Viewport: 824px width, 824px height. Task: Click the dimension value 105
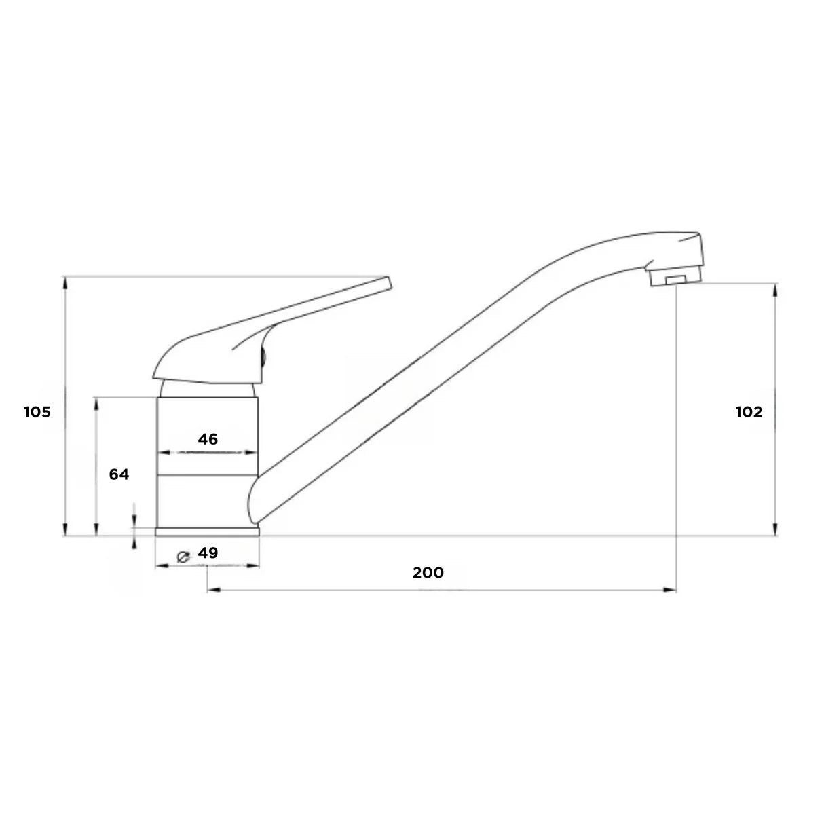(x=37, y=412)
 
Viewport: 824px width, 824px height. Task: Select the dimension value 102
(x=749, y=412)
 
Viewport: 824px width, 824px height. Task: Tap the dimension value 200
(x=428, y=573)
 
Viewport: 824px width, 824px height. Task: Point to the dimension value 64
(x=119, y=474)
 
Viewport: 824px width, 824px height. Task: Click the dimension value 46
(x=208, y=439)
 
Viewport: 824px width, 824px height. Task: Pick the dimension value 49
(x=208, y=553)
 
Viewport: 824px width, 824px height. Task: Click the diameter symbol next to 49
(x=183, y=555)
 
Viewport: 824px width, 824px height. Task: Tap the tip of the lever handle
(x=388, y=282)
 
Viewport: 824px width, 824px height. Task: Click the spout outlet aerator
(x=674, y=280)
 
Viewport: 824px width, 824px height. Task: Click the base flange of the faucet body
(x=207, y=532)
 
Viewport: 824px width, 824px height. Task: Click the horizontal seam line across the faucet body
(x=207, y=473)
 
